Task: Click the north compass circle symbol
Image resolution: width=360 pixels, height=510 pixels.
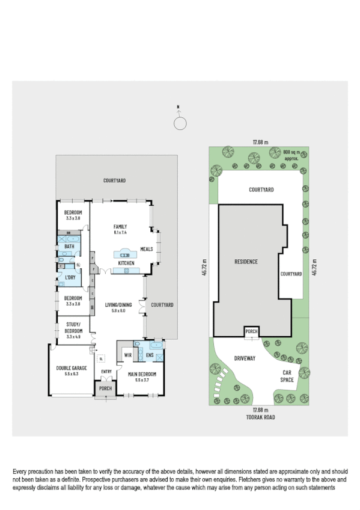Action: coord(178,123)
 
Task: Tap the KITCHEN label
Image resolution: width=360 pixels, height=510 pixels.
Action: coord(126,263)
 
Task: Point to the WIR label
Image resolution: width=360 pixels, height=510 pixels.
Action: coord(127,355)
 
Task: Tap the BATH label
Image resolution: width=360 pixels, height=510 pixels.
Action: coord(70,246)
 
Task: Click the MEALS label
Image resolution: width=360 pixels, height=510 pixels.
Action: coord(146,248)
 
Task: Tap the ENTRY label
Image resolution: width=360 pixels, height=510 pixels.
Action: coord(106,371)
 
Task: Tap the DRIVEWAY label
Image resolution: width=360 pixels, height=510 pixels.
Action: coord(245,358)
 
